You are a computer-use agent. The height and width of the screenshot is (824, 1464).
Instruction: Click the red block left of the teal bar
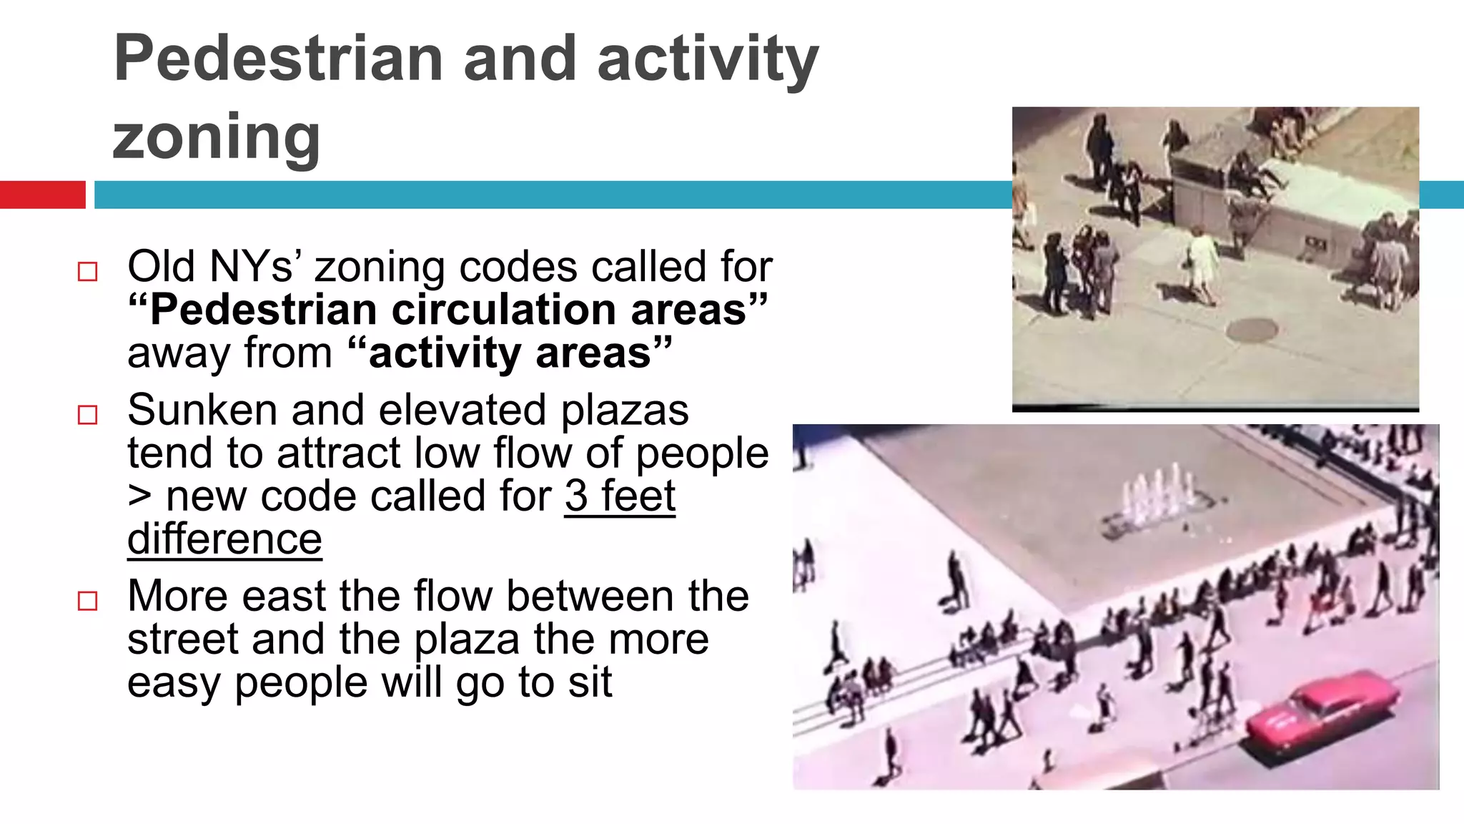point(42,195)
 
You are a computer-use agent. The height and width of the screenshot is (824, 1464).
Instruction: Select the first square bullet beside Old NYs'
point(87,272)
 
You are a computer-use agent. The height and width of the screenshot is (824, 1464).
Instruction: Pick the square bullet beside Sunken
point(87,415)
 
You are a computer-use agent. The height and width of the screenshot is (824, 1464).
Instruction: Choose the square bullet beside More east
point(87,601)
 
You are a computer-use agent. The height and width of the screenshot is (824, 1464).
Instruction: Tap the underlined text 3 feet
point(619,496)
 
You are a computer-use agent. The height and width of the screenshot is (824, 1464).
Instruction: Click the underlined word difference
point(224,539)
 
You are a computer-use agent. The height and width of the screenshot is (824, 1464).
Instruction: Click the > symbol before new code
point(139,496)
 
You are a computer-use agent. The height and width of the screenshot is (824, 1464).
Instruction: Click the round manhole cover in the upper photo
point(1252,329)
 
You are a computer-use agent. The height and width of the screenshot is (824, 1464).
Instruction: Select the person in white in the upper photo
point(1202,261)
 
